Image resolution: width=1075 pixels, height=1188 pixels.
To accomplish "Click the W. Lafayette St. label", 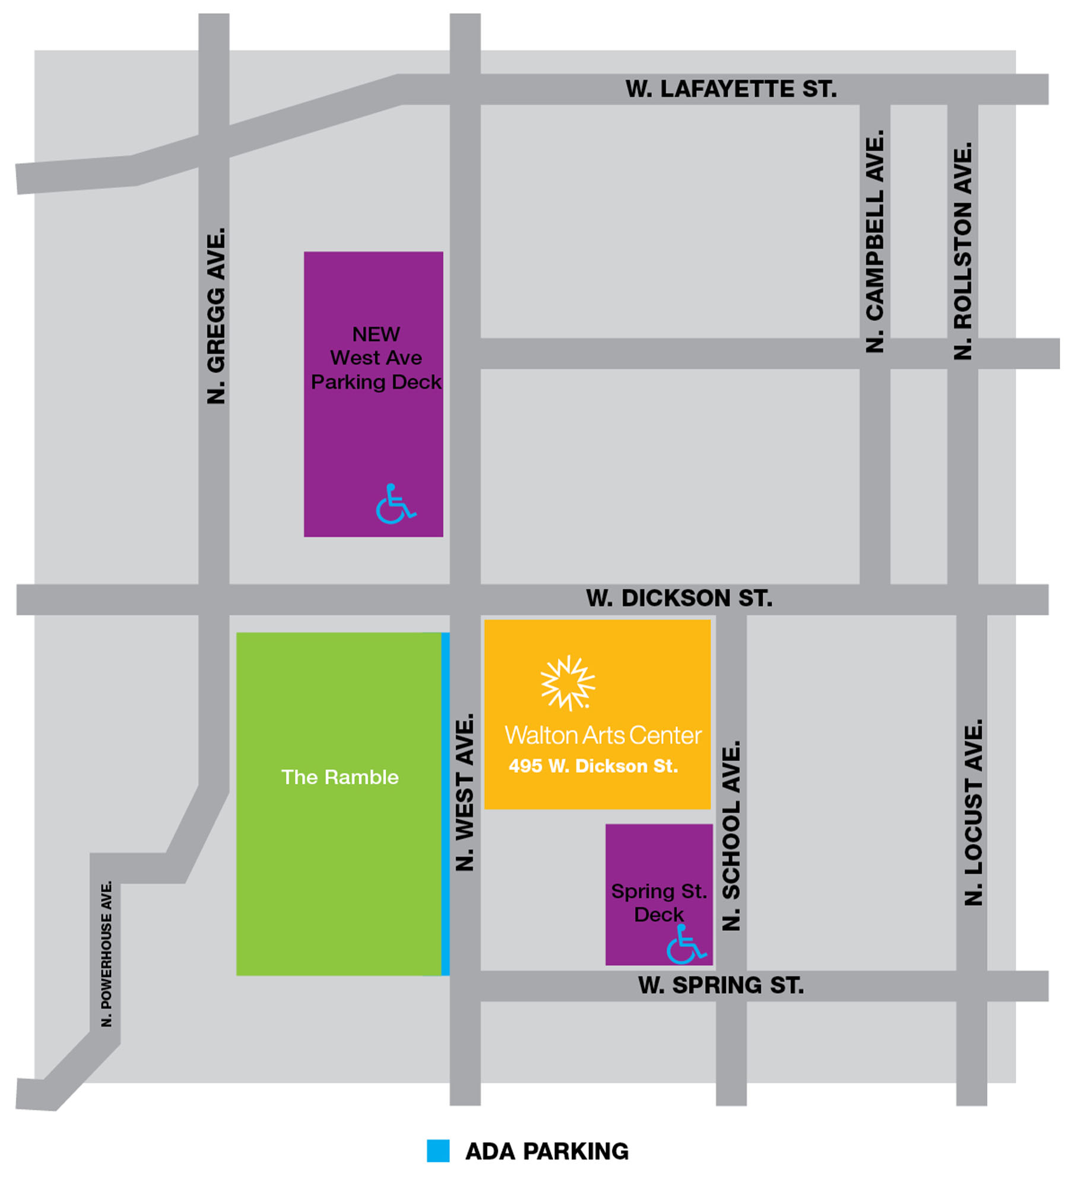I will (x=731, y=89).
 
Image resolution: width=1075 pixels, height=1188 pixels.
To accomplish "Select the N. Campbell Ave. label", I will (x=875, y=241).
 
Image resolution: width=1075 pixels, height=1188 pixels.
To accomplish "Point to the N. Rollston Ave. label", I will (x=962, y=251).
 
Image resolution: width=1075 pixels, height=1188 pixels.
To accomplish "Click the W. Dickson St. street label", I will (x=679, y=598).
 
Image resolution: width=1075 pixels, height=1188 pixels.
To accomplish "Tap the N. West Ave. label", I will (x=465, y=792).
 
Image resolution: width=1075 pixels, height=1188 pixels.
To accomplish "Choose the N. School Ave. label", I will (x=731, y=836).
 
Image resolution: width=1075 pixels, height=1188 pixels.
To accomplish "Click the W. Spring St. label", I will (x=721, y=985).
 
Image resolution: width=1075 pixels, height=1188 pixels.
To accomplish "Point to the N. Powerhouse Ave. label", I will (x=106, y=953).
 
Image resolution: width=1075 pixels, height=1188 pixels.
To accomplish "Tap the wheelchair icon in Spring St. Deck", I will (x=685, y=944).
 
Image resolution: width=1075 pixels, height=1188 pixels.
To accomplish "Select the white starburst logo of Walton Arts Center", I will (x=567, y=683).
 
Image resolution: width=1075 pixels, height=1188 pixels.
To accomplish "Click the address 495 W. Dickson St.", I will (x=593, y=766).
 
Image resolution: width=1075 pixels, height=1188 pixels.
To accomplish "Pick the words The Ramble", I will (x=340, y=777).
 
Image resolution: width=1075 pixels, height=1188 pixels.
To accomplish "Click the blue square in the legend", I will (x=438, y=1151).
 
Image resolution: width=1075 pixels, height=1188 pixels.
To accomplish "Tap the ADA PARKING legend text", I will (x=547, y=1151).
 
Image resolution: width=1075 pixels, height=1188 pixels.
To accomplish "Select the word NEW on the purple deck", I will (x=376, y=334).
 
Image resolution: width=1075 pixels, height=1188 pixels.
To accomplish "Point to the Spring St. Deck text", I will (x=659, y=902).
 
